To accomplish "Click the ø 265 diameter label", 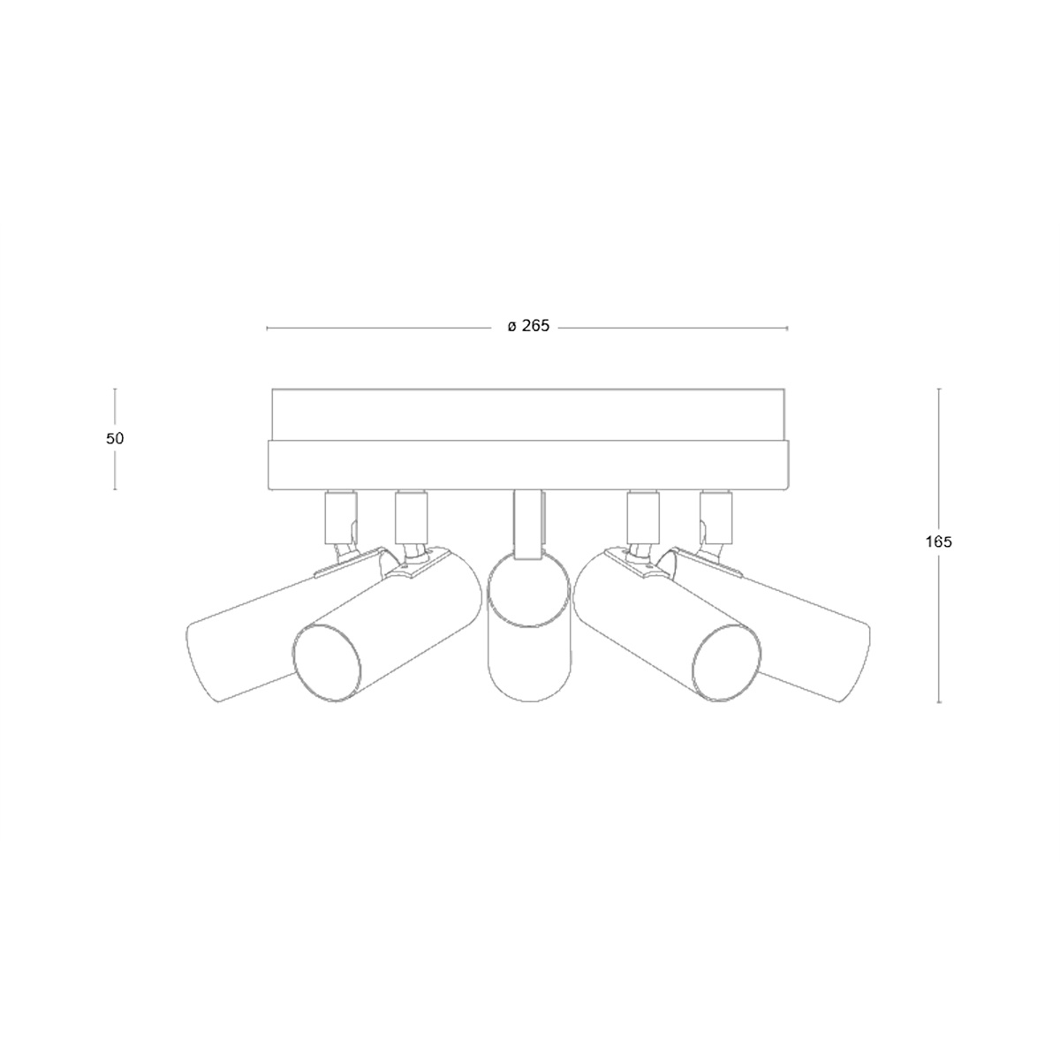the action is (528, 326).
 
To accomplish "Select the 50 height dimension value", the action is (115, 438).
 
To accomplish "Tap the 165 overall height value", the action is (938, 541).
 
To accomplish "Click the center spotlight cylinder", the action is (528, 627).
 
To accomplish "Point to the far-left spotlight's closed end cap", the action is (202, 662).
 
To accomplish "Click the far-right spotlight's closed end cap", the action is (855, 662).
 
